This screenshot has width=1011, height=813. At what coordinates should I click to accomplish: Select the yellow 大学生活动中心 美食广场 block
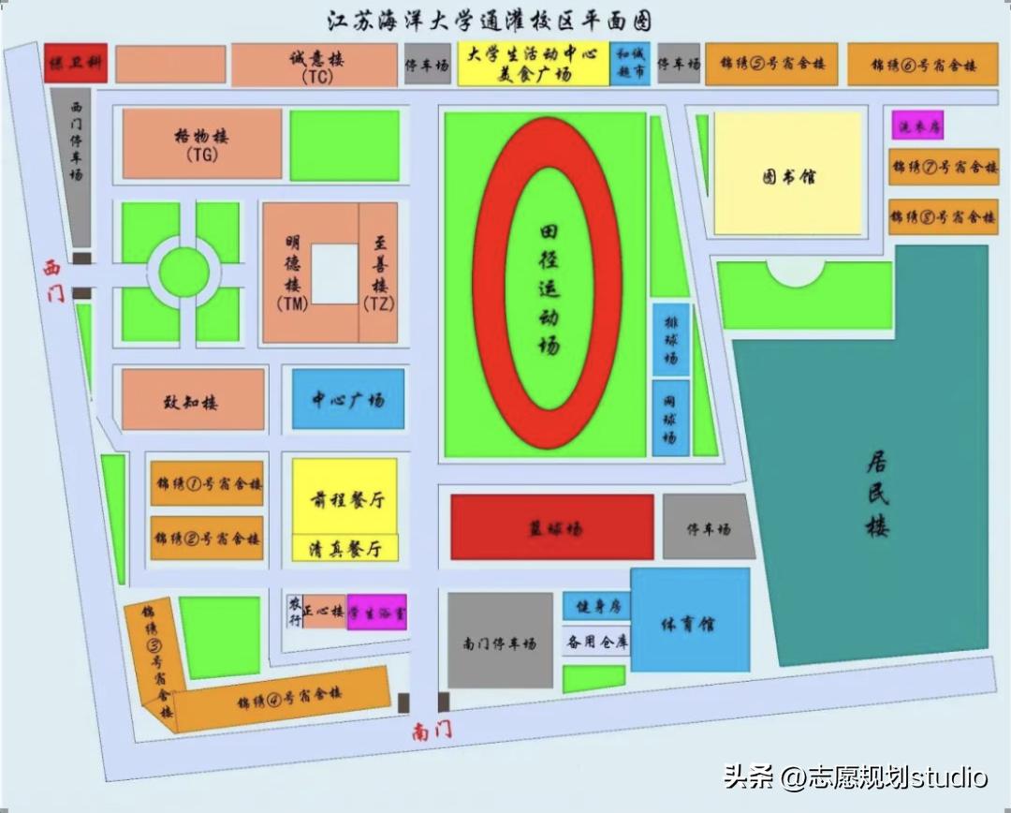(533, 64)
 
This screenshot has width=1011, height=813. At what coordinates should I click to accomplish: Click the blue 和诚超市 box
(630, 64)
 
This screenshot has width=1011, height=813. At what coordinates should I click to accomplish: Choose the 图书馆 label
(787, 175)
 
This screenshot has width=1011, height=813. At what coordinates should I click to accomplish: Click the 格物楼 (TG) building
(201, 143)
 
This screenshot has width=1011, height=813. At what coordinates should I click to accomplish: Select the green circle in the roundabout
(183, 272)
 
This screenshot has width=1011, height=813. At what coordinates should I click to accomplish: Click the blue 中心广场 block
(348, 400)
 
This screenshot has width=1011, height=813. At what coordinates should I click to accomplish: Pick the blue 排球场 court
(671, 339)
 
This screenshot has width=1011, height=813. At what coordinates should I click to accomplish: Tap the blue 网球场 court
(671, 418)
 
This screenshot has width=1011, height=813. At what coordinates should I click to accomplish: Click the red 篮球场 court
(552, 528)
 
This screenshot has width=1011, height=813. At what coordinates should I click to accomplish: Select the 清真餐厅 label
(345, 549)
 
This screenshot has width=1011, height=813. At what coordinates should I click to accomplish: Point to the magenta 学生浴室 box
(377, 612)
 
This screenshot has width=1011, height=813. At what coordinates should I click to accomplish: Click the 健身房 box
(596, 606)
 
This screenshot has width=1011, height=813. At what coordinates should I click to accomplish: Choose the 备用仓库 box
(596, 643)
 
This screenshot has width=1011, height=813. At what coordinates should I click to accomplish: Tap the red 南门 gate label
(432, 731)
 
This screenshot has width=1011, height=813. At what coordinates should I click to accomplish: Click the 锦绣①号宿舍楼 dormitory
(207, 484)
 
